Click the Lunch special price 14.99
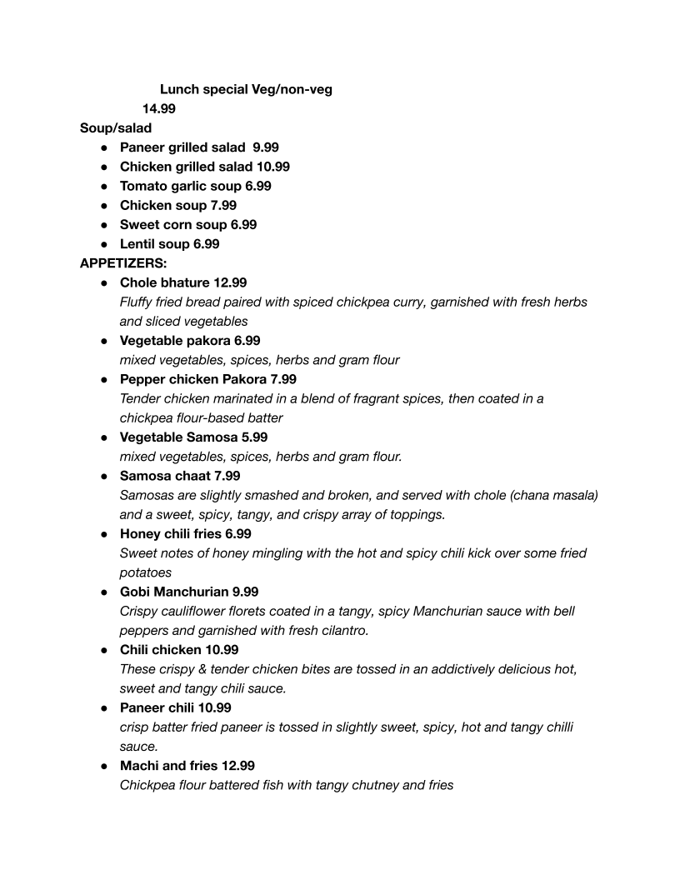click(158, 108)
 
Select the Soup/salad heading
click(116, 128)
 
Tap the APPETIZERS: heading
click(123, 263)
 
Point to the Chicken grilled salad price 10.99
click(273, 167)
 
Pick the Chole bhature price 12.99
click(230, 282)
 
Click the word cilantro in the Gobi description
click(341, 631)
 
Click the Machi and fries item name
click(167, 765)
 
